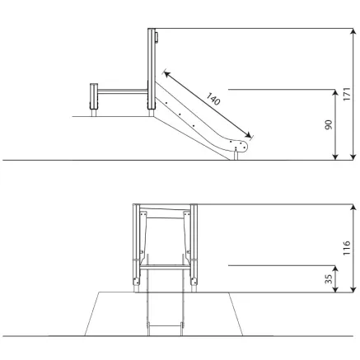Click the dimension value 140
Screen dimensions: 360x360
pos(213,99)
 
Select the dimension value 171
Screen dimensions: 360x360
pos(347,94)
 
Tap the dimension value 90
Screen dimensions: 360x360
pos(329,124)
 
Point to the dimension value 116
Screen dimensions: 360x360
pos(347,248)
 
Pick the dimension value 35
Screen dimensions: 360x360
pos(329,279)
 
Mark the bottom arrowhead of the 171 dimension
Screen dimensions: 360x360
pos(353,157)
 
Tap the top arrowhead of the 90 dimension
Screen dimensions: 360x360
pos(335,93)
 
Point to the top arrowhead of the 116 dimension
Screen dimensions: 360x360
pos(353,208)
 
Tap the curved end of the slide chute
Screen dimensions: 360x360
pos(241,146)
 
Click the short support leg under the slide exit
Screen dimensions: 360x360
pos(236,156)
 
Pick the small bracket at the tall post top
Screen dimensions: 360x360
pos(157,37)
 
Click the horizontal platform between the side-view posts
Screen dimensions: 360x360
pos(123,91)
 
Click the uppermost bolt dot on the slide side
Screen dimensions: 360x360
pos(166,103)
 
